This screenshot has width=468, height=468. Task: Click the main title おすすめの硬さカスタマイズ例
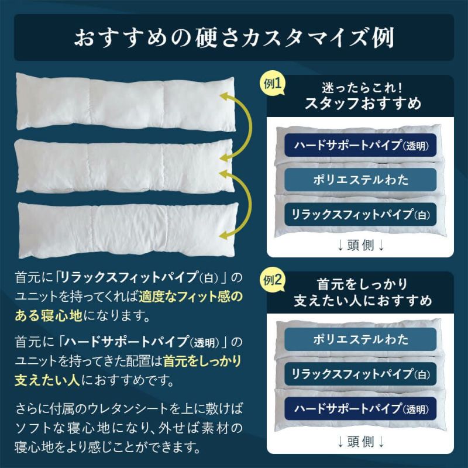(x=235, y=38)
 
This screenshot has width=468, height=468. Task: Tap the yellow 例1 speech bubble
(x=272, y=84)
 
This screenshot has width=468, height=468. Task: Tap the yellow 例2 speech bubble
(x=272, y=281)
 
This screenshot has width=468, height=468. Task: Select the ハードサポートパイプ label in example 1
(x=360, y=145)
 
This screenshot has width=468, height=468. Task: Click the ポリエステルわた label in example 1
(x=360, y=180)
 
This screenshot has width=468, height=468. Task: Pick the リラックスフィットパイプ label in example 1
(x=360, y=214)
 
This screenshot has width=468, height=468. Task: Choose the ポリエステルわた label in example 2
(x=360, y=339)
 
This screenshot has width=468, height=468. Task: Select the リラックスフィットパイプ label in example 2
(x=360, y=374)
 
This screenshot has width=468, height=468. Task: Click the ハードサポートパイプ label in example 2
(x=360, y=408)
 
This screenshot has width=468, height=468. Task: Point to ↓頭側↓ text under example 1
(x=360, y=245)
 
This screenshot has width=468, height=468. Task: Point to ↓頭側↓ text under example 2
(x=360, y=442)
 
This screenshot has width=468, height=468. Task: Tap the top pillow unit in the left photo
(x=125, y=101)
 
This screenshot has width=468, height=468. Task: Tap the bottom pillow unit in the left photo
(x=128, y=230)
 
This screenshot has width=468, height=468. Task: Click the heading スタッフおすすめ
(x=362, y=104)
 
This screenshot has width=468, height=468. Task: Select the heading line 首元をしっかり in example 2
(x=362, y=284)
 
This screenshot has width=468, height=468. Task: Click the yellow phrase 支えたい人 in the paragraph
(x=47, y=380)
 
